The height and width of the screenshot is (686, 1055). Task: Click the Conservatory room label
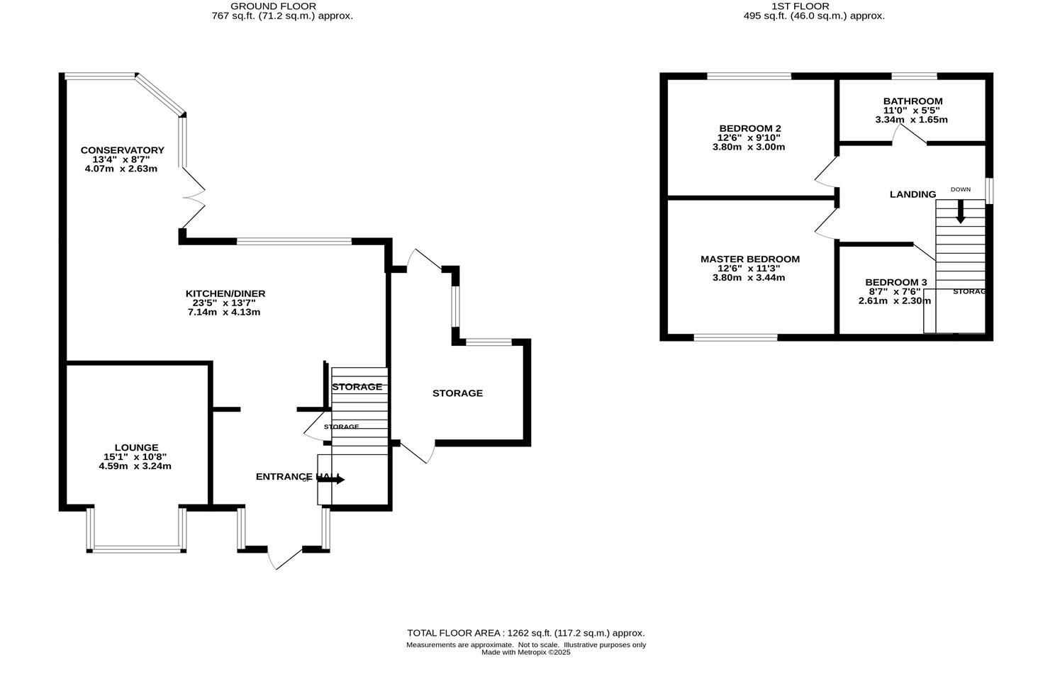(122, 150)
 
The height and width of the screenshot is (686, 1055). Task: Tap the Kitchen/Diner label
(225, 293)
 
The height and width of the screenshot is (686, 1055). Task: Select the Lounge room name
(136, 448)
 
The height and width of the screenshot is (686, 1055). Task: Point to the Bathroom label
(912, 101)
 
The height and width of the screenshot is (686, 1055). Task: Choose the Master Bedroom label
(749, 259)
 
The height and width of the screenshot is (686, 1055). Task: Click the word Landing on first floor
(912, 194)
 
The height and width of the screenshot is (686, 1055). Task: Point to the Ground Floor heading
(283, 6)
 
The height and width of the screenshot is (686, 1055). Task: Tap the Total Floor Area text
(525, 633)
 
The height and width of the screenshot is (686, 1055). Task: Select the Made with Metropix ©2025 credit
(525, 653)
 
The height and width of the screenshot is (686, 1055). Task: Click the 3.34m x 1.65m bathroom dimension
(911, 120)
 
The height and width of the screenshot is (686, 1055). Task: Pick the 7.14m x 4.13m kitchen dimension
(224, 312)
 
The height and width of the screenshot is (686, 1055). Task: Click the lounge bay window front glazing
(137, 549)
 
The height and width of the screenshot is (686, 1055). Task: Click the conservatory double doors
(194, 198)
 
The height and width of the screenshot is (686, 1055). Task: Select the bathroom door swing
(910, 135)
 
